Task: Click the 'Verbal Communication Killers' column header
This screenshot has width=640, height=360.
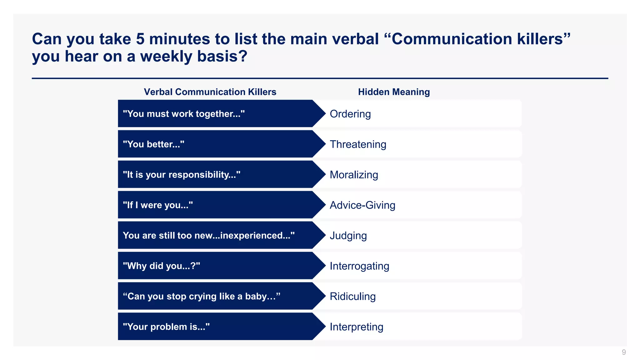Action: pos(210,92)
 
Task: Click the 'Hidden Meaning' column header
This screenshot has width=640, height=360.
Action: pos(394,92)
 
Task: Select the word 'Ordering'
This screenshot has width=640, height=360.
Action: pos(350,114)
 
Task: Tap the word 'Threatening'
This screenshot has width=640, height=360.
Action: pos(358,144)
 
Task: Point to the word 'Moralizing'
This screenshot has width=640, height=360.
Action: pos(354,175)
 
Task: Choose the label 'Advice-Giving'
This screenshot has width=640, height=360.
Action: pos(362,205)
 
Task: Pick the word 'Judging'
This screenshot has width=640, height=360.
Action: pos(348,236)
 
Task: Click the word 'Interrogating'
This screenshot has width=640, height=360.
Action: pos(359,266)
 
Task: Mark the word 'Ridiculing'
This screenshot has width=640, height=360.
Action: pos(352,296)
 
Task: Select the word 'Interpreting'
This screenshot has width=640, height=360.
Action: pos(356,327)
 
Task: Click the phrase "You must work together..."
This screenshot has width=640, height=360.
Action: pos(183,114)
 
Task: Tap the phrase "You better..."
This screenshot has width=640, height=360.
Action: pos(153,144)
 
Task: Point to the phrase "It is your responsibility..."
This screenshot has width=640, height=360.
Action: pos(182,175)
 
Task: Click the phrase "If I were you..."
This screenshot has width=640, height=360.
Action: pos(158,205)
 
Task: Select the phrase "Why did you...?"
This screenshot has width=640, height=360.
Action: pos(161,266)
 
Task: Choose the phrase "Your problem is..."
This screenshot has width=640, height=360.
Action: pos(166,327)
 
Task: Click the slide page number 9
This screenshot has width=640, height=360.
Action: pos(624,352)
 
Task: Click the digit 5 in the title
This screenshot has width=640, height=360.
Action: pos(140,39)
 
